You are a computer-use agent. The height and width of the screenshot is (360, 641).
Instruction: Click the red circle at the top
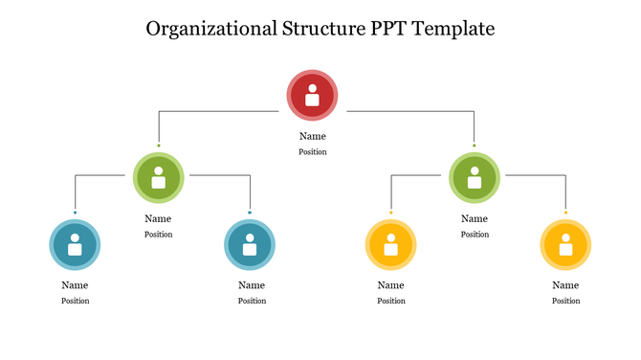[x=312, y=96]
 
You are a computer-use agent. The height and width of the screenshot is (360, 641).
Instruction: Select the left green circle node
[x=159, y=177]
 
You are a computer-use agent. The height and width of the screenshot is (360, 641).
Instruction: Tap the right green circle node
[x=474, y=177]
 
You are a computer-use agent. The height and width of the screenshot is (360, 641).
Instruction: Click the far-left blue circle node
[x=75, y=245]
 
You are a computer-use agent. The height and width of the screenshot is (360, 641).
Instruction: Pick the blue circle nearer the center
[x=250, y=245]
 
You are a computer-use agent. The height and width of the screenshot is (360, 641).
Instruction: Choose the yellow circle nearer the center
[x=391, y=245]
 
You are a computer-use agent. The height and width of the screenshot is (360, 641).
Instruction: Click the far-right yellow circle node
[x=565, y=245]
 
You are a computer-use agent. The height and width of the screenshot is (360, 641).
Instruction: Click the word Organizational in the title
[x=212, y=29]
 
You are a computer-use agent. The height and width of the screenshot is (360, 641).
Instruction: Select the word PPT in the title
[x=386, y=29]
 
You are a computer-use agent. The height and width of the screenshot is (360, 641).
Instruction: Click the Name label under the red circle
[x=312, y=136]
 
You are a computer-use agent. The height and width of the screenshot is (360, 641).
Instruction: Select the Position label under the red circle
[x=312, y=151]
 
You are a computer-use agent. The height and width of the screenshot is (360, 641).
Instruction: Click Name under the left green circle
[x=159, y=218]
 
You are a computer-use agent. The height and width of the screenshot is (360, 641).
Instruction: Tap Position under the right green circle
[x=474, y=234]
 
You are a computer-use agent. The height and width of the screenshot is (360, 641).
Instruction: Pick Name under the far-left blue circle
[x=75, y=285]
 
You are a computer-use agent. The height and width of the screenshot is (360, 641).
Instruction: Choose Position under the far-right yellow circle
[x=565, y=301]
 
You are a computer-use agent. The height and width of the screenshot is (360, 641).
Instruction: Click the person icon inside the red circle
[x=312, y=96]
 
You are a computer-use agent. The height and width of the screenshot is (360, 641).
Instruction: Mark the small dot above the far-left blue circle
[x=75, y=212]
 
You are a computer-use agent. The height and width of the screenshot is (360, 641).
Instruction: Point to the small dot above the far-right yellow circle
[x=565, y=212]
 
